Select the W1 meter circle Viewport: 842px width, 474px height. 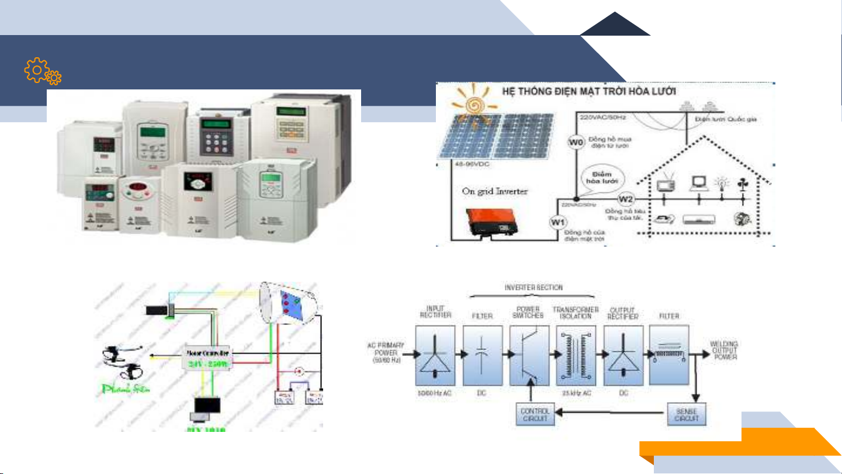click(558, 222)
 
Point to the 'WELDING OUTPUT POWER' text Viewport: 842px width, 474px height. click(724, 350)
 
